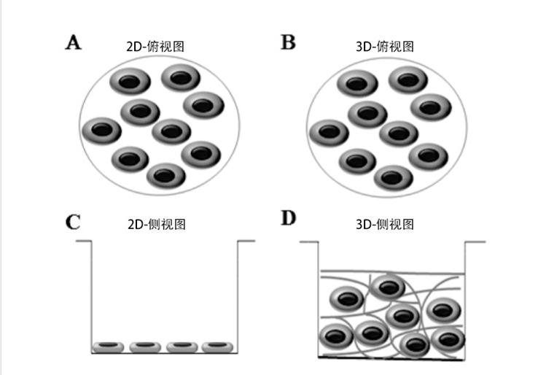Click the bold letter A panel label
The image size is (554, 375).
click(x=73, y=42)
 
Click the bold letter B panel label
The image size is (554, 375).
click(x=289, y=42)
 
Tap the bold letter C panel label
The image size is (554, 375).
click(x=73, y=222)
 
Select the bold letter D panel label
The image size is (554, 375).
click(x=289, y=218)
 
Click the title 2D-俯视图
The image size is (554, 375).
click(x=155, y=46)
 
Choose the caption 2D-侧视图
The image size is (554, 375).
click(x=156, y=224)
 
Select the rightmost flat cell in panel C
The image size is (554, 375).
click(x=216, y=345)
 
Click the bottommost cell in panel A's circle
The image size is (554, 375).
click(x=166, y=176)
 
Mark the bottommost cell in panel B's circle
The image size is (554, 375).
click(x=394, y=177)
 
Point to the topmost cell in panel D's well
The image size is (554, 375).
click(x=389, y=287)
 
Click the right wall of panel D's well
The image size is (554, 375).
click(x=464, y=299)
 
